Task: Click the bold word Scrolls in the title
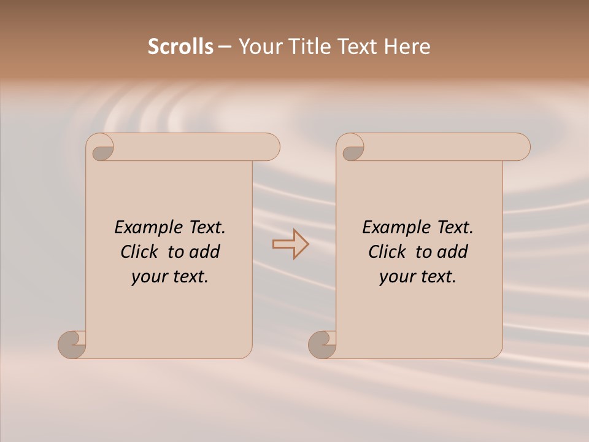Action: pyautogui.click(x=181, y=47)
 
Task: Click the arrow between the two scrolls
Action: pyautogui.click(x=290, y=244)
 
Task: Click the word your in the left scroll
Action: pyautogui.click(x=148, y=277)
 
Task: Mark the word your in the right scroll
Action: pyautogui.click(x=396, y=277)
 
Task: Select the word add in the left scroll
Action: pyautogui.click(x=205, y=252)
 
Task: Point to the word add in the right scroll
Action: pyautogui.click(x=453, y=252)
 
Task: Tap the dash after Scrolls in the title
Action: pyautogui.click(x=225, y=47)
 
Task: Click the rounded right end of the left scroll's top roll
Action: pyautogui.click(x=270, y=147)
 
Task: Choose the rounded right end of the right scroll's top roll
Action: pyautogui.click(x=520, y=147)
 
